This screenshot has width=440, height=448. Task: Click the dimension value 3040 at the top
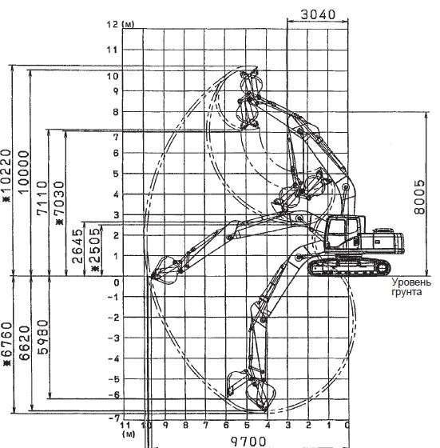coord(318,14)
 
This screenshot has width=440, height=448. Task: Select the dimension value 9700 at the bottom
coord(248,442)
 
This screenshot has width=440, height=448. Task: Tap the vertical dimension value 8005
coord(419,197)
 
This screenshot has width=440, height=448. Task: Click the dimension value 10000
coord(24,171)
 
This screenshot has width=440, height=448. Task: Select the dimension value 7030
coord(60,202)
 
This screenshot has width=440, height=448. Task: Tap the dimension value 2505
coord(95,248)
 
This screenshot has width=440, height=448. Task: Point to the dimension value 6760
coord(6,344)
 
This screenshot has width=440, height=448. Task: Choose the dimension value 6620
coord(25,342)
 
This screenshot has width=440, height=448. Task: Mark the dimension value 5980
coord(43,337)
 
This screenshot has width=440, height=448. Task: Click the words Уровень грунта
coord(411,287)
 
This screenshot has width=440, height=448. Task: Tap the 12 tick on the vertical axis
coord(113,25)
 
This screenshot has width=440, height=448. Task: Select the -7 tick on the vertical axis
coord(114,418)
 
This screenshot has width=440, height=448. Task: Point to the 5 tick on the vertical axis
coord(116,174)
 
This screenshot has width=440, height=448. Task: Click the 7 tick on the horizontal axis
coord(205,426)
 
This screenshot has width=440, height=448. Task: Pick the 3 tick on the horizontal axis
coord(287,426)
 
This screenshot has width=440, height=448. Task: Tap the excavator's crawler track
coord(350,268)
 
